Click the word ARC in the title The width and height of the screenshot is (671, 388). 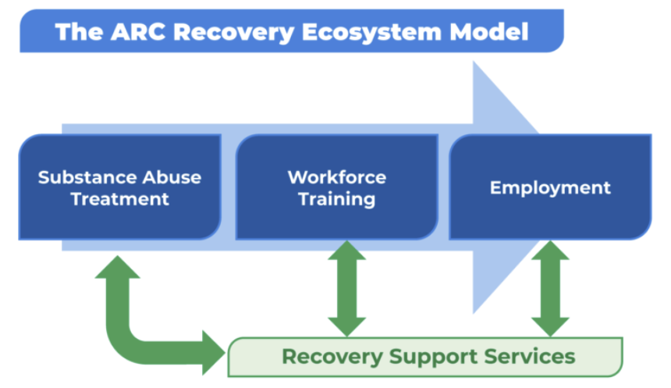click(138, 32)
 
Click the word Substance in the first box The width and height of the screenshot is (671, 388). click(87, 177)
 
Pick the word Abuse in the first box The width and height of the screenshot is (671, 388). click(172, 177)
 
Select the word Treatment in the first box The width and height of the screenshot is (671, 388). click(120, 199)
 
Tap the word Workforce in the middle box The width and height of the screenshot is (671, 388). click(337, 177)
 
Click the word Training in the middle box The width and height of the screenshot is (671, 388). click(337, 200)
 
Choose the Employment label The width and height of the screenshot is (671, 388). click(550, 188)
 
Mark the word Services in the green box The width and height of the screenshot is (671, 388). click(530, 356)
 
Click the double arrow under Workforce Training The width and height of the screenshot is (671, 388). click(347, 289)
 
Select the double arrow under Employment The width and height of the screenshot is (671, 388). click(550, 289)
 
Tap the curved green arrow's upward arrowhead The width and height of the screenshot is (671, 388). click(118, 268)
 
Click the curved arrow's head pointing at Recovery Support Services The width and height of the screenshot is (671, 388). click(214, 353)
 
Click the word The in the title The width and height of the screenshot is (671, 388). click(79, 32)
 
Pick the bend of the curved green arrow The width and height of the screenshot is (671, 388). click(124, 346)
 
